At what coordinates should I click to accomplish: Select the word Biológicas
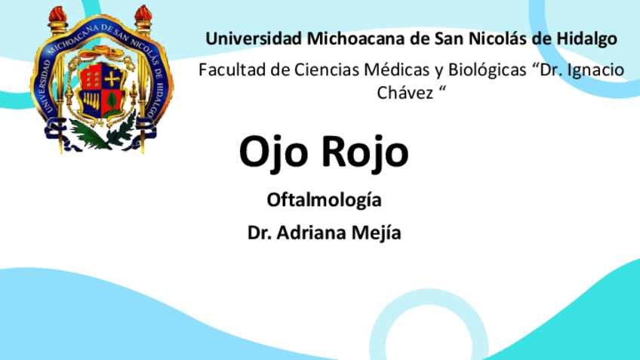[466, 71]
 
